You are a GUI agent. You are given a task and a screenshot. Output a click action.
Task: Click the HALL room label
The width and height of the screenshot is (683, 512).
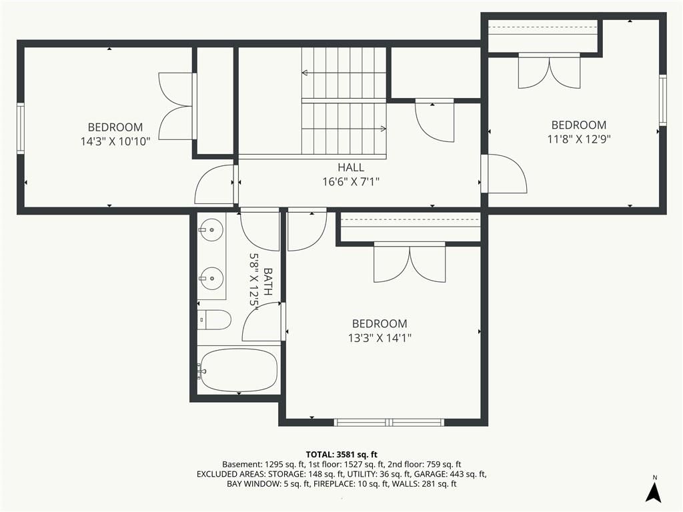pyautogui.click(x=351, y=167)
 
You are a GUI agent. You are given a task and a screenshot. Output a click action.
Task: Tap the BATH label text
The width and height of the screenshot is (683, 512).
pyautogui.click(x=268, y=282)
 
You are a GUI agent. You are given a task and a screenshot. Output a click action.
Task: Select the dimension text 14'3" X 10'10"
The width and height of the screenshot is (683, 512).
pyautogui.click(x=115, y=141)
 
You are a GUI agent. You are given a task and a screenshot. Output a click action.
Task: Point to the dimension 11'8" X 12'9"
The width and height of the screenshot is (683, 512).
pyautogui.click(x=579, y=139)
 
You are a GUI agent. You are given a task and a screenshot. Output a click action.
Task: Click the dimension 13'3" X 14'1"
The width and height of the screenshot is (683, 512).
pyautogui.click(x=380, y=338)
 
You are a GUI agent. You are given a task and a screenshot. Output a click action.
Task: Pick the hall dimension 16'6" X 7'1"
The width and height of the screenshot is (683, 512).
pyautogui.click(x=351, y=181)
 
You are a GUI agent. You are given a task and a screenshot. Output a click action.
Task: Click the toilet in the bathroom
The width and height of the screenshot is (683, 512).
pyautogui.click(x=214, y=320)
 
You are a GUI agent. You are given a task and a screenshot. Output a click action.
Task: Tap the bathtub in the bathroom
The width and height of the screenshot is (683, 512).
pyautogui.click(x=239, y=371)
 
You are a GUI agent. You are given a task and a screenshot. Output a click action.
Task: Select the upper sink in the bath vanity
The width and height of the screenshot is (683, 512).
pyautogui.click(x=211, y=229)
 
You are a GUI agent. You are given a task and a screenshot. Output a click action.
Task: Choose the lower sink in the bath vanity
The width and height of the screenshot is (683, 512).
pyautogui.click(x=211, y=278)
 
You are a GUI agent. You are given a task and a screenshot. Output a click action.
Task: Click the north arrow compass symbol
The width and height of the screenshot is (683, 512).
pyautogui.click(x=654, y=491)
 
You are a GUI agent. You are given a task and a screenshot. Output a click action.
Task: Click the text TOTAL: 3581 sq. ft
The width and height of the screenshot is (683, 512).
pyautogui.click(x=341, y=455)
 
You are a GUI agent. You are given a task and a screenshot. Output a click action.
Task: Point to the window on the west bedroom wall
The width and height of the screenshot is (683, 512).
pyautogui.click(x=21, y=128)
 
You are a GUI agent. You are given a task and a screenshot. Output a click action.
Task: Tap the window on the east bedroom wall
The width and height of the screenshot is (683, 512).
pyautogui.click(x=662, y=100)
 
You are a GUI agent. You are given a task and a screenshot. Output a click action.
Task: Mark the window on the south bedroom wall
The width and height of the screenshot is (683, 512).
pyautogui.click(x=389, y=422)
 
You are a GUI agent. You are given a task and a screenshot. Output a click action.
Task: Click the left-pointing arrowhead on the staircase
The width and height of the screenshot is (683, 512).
pyautogui.click(x=304, y=73)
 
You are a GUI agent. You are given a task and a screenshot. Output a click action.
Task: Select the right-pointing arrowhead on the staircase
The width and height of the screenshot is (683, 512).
pyautogui.click(x=384, y=129)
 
